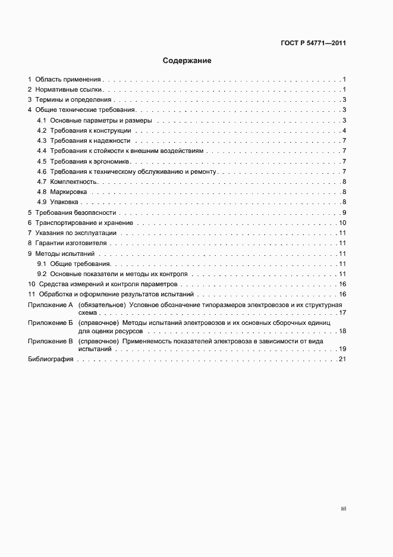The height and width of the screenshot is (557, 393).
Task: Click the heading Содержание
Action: click(187, 61)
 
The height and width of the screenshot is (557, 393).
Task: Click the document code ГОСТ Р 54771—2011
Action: click(313, 43)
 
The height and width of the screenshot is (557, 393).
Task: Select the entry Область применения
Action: click(68, 79)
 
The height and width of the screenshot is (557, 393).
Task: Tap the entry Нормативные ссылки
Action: click(67, 89)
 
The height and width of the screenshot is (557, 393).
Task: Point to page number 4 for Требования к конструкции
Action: click(344, 130)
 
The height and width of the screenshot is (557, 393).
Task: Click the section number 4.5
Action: click(42, 161)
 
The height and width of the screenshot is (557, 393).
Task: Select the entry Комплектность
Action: click(74, 182)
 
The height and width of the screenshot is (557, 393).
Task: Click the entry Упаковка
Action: click(66, 202)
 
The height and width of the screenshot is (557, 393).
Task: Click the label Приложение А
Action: click(50, 305)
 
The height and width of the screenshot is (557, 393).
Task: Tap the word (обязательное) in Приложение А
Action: click(98, 305)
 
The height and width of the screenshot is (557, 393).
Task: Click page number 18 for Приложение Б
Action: click(342, 330)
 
